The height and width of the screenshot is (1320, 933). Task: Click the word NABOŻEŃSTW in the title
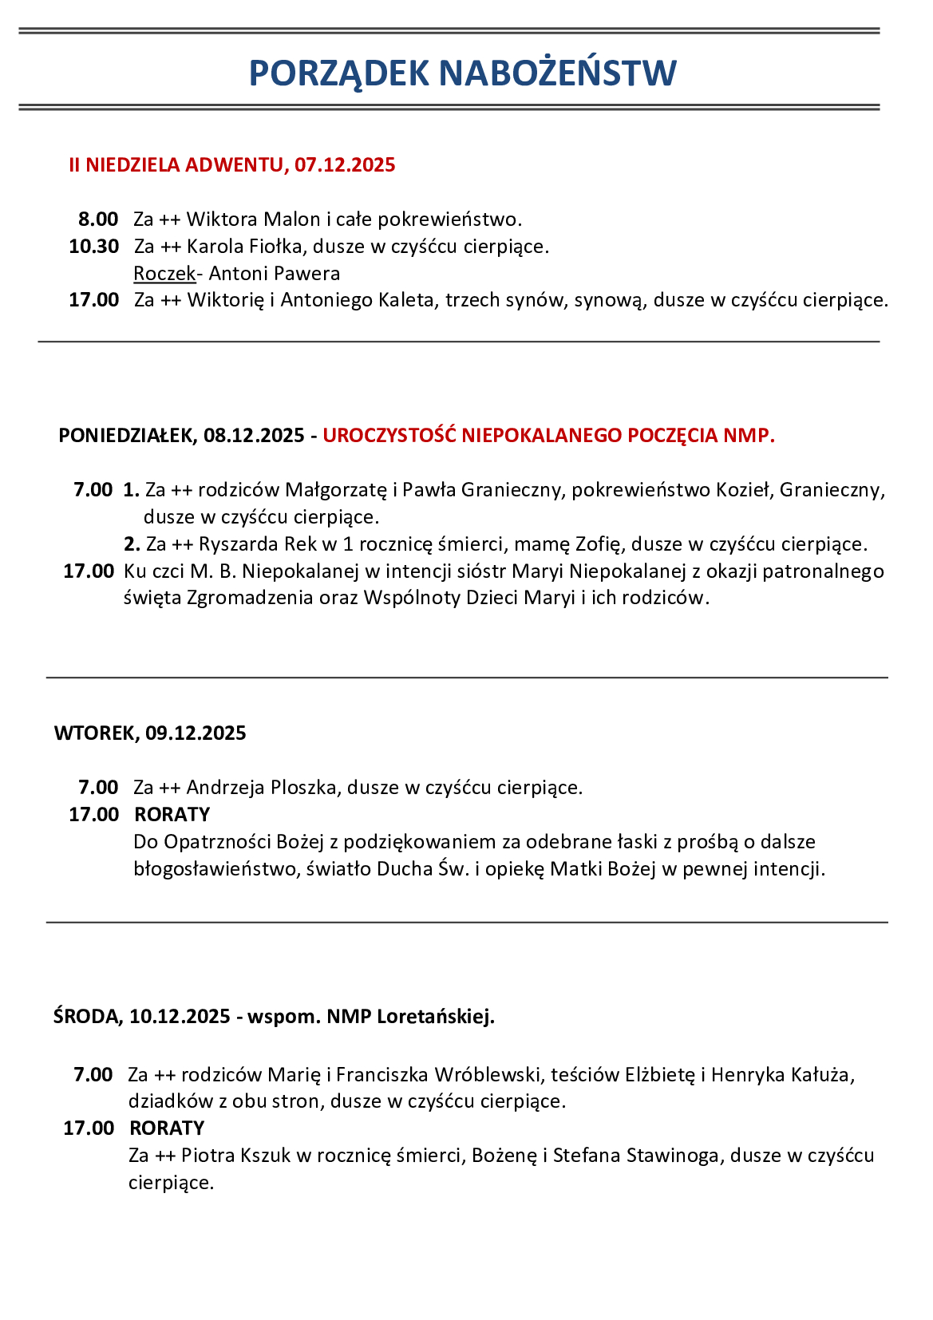tap(557, 73)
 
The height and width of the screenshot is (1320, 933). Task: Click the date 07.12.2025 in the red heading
tap(345, 165)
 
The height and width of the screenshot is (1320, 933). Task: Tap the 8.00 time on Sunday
tap(98, 219)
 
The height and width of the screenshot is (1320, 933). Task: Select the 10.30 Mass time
tap(94, 247)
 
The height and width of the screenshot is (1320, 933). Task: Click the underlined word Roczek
tap(164, 274)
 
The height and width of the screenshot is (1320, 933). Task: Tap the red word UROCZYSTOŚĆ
tap(389, 436)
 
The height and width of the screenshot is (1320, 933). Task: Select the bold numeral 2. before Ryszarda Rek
tap(132, 544)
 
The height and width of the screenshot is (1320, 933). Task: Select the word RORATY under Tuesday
tap(172, 815)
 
